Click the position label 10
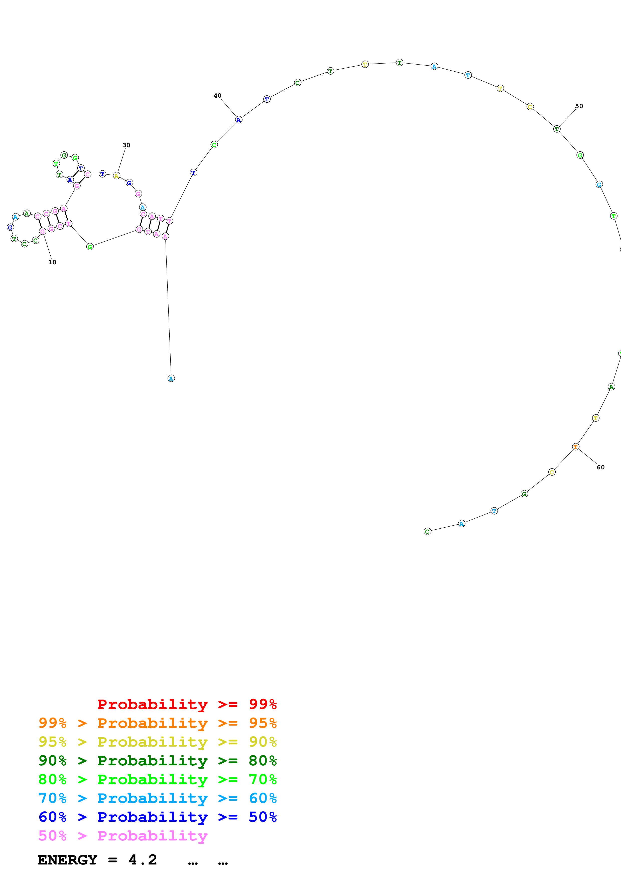pos(52,262)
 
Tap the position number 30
pos(126,145)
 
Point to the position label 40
pos(217,96)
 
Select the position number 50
pos(579,106)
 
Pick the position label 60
pos(600,467)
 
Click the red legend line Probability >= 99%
pos(187,704)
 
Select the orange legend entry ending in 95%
pos(157,723)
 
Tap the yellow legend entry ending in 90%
pos(157,742)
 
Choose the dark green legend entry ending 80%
pos(157,761)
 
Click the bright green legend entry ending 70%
pos(157,779)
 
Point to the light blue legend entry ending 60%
pos(157,798)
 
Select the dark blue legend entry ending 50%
pos(157,817)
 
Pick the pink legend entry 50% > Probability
pos(123,835)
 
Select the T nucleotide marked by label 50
pos(557,129)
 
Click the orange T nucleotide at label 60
pos(575,447)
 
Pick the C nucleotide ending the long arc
pos(427,532)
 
